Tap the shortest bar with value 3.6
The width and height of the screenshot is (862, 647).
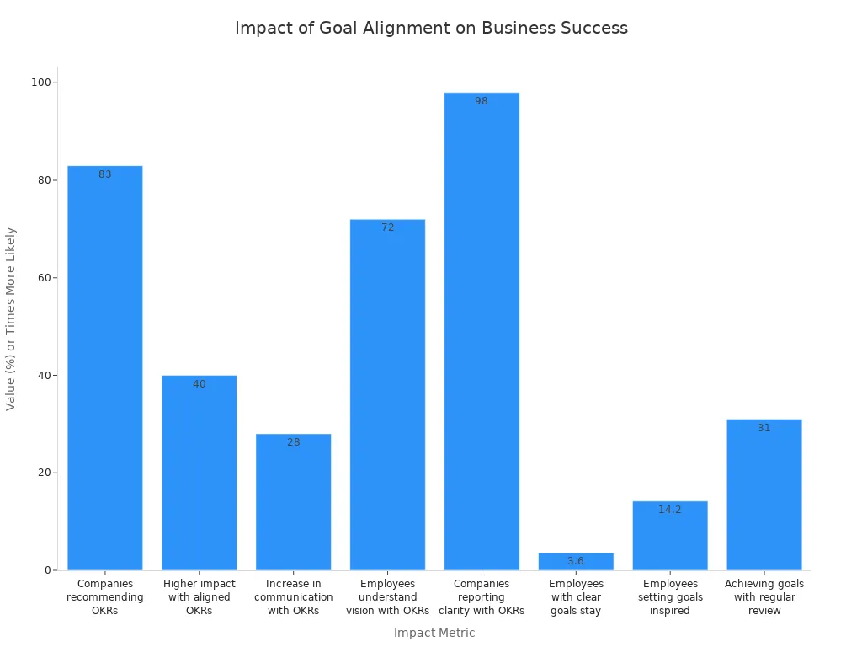pyautogui.click(x=576, y=562)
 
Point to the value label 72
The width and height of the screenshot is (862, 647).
pyautogui.click(x=387, y=227)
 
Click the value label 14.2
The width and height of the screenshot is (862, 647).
pyautogui.click(x=670, y=510)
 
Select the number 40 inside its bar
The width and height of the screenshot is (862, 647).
pyautogui.click(x=200, y=384)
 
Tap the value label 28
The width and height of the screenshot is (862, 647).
pyautogui.click(x=293, y=442)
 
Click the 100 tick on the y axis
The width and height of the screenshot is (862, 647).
pyautogui.click(x=40, y=83)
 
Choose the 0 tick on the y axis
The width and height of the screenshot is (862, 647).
pyautogui.click(x=49, y=570)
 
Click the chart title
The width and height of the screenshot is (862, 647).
pyautogui.click(x=431, y=28)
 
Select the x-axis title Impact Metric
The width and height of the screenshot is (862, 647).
pyautogui.click(x=434, y=633)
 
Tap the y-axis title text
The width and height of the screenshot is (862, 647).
pyautogui.click(x=11, y=318)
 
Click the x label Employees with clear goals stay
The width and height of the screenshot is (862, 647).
pyautogui.click(x=576, y=597)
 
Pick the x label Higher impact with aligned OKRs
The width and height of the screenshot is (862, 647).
pyautogui.click(x=200, y=597)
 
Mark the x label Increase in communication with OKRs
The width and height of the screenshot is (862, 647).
pyautogui.click(x=293, y=597)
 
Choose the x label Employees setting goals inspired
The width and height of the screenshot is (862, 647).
pyautogui.click(x=670, y=597)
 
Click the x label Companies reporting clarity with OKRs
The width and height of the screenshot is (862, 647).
pyautogui.click(x=482, y=597)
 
